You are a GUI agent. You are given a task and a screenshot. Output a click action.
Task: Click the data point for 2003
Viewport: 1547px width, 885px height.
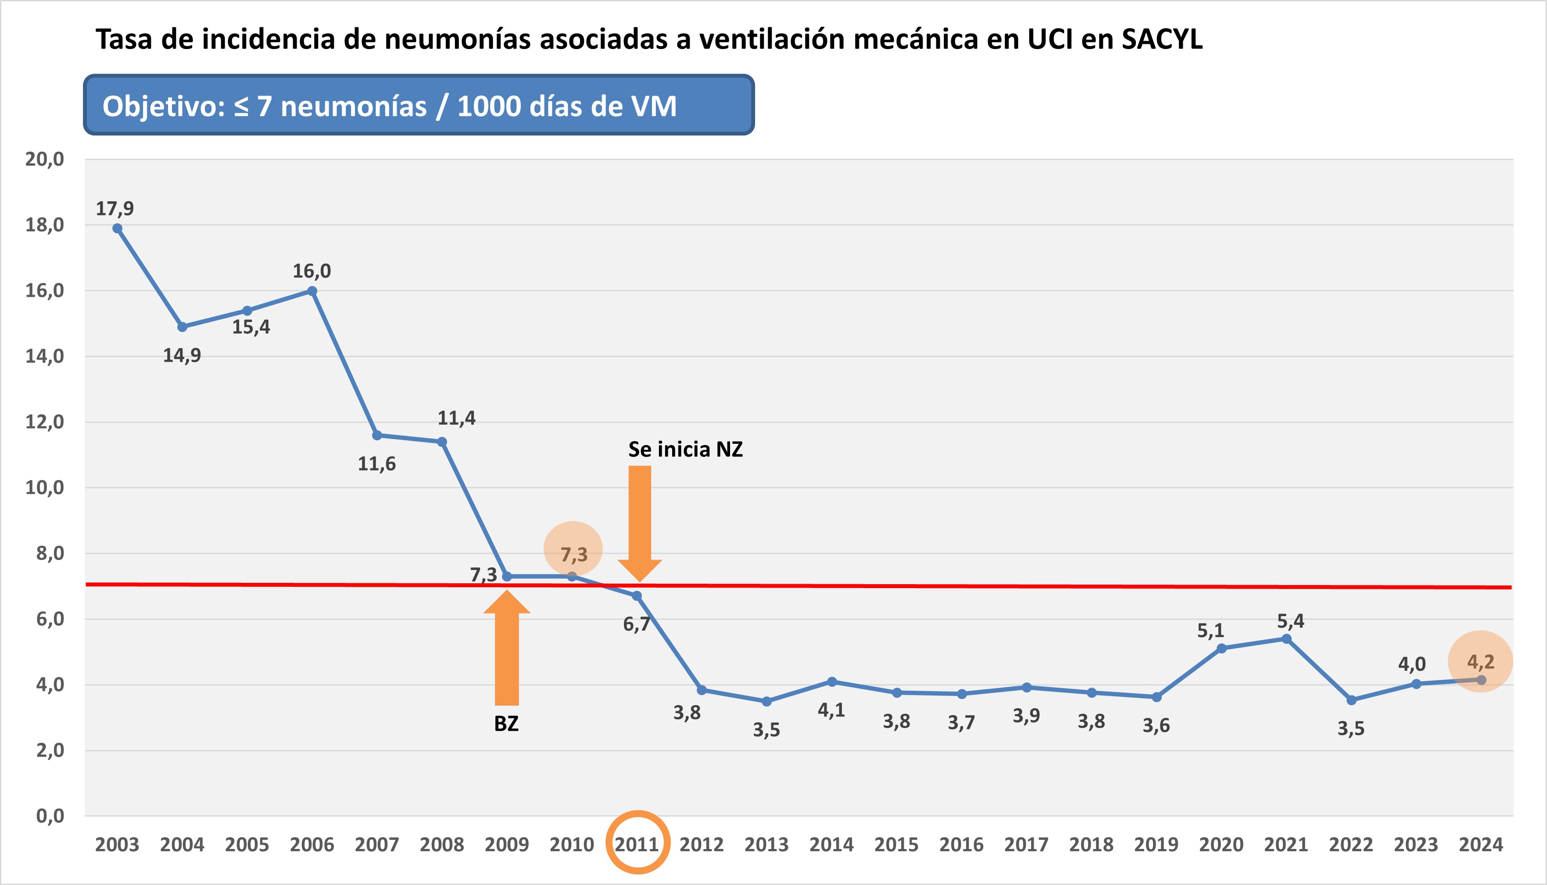[x=117, y=228]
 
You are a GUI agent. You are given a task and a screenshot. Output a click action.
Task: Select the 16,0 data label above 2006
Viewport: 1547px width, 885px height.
[x=312, y=271]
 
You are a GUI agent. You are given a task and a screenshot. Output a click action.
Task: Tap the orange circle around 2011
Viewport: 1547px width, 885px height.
[x=637, y=842]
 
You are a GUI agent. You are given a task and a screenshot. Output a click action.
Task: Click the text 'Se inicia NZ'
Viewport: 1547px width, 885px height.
[x=685, y=449]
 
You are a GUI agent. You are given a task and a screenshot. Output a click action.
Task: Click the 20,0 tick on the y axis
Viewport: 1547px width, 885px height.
[x=44, y=159]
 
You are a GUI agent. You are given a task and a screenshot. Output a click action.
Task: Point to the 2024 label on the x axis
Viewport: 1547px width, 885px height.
[x=1481, y=844]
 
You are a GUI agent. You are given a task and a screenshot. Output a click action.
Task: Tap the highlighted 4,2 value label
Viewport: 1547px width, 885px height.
[x=1480, y=661]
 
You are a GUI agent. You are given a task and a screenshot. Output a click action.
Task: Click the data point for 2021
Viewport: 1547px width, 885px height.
[x=1286, y=639]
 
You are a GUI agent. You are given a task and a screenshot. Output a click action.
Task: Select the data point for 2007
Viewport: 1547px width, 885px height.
[x=377, y=435]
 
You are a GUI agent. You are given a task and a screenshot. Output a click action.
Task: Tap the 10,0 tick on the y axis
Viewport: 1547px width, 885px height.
[x=44, y=488]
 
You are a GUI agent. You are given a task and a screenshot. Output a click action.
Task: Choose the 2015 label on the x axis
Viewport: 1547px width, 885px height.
[x=896, y=844]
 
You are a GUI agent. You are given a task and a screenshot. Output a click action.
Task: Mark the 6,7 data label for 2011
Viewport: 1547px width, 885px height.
[x=636, y=624]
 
